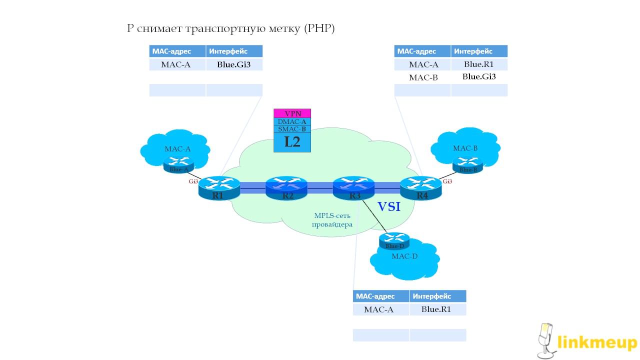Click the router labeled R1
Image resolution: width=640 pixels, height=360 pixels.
point(219,189)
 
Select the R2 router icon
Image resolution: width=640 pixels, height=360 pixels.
point(286,189)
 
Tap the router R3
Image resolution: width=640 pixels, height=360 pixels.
point(353,189)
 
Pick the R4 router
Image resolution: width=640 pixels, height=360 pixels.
point(421,189)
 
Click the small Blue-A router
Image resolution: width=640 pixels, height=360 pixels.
point(178,164)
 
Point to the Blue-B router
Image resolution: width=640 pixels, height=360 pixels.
point(468,164)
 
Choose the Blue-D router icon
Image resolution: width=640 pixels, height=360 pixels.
point(394,240)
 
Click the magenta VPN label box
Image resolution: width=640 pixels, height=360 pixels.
point(292,113)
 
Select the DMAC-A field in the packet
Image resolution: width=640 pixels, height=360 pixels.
point(292,121)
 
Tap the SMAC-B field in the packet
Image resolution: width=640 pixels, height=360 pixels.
point(292,129)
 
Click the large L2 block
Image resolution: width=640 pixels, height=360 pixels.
point(292,142)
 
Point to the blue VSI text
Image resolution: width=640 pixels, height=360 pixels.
point(388,206)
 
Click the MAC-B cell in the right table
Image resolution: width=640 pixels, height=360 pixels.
point(422,77)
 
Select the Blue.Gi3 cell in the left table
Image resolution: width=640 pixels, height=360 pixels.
point(233,64)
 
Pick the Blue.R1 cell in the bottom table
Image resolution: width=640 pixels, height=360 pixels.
point(436,309)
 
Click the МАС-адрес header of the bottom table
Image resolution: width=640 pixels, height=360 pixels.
point(380,296)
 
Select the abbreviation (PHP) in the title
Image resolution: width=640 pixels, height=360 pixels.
point(318,28)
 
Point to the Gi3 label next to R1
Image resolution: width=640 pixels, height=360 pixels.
point(193,181)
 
